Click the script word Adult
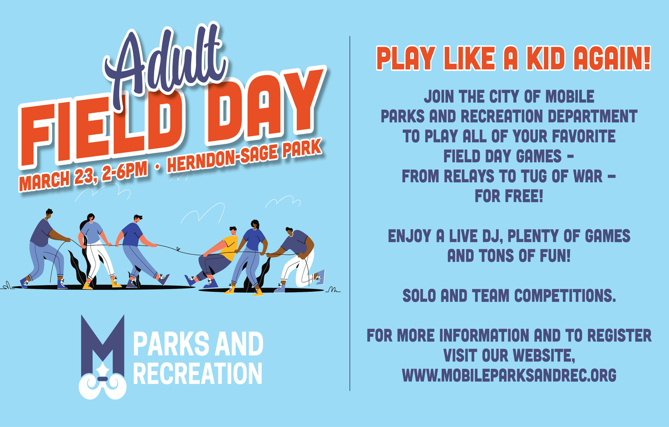[166, 63]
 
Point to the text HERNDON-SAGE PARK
[244, 156]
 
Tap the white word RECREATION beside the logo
[197, 373]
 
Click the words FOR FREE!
[509, 196]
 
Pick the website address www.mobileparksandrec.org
[509, 375]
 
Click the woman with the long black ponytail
[96, 251]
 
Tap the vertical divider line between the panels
[350, 213]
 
